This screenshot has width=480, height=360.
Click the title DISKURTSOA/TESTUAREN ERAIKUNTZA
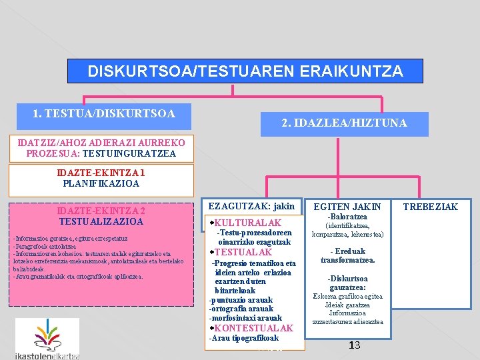coord(245,71)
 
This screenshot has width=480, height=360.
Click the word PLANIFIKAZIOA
coord(101,183)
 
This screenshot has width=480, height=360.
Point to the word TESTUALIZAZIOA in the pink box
coord(101,221)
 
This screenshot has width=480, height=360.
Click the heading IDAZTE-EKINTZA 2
coord(101,210)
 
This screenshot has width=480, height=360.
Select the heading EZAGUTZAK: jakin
coord(251,206)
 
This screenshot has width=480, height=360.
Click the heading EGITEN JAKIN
coord(347,207)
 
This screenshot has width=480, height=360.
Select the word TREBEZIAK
coord(431,207)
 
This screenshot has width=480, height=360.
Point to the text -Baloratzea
coord(347,217)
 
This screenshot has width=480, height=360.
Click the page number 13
coord(354,345)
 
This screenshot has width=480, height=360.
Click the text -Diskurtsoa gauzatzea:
coord(347,283)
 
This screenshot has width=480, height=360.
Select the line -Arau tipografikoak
coord(244,338)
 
